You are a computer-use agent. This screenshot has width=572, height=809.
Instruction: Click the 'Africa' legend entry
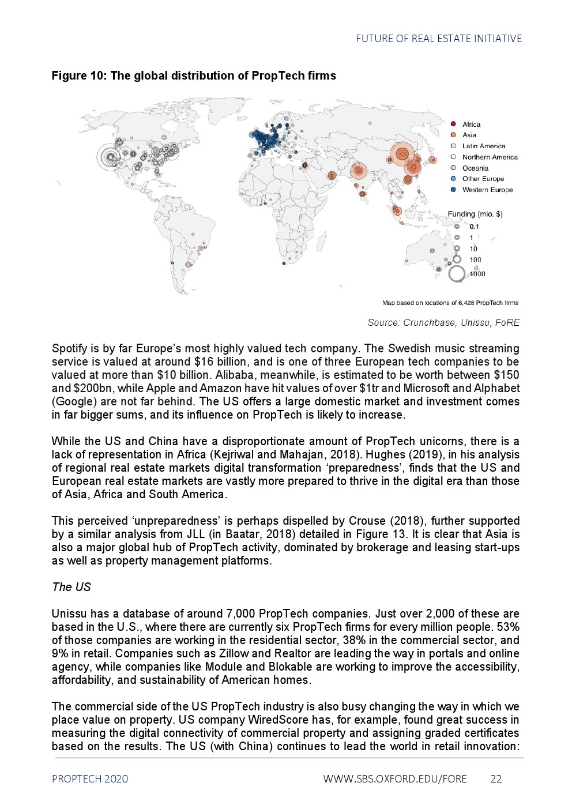click(x=471, y=125)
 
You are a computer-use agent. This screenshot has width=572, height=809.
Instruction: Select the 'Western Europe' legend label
click(x=487, y=190)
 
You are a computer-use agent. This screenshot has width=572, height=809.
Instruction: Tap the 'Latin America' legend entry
click(x=483, y=146)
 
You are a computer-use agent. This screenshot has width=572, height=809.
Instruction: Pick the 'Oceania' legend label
click(x=475, y=168)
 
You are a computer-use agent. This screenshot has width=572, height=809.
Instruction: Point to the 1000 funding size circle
click(x=457, y=274)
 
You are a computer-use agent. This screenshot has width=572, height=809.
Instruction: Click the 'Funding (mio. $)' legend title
click(x=475, y=214)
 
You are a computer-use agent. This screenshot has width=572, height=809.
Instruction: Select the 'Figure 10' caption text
click(x=194, y=76)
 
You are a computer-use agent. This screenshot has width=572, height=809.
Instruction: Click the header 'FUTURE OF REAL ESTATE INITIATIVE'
click(x=439, y=39)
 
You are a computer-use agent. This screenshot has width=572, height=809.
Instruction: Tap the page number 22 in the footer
click(x=496, y=779)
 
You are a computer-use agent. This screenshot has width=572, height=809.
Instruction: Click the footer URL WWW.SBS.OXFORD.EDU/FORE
click(x=395, y=779)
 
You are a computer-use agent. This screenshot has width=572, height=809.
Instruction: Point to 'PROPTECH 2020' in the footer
click(x=90, y=779)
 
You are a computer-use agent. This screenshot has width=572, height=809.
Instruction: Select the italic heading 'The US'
click(x=71, y=587)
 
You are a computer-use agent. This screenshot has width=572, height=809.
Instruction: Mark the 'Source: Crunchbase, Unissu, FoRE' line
click(x=443, y=323)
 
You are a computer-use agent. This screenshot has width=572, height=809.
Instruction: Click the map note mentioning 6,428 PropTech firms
click(x=450, y=303)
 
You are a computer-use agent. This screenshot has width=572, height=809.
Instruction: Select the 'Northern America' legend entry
click(x=490, y=157)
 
